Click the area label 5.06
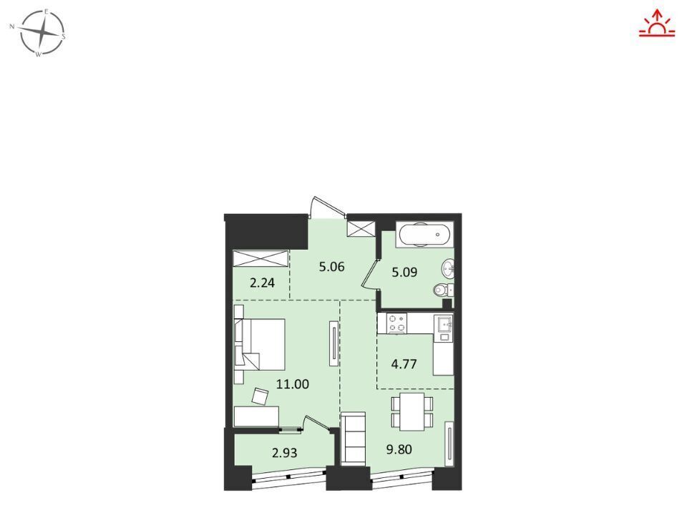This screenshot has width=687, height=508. (x=331, y=266)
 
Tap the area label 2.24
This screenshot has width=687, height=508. (x=262, y=283)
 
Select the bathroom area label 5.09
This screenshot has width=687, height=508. (x=404, y=272)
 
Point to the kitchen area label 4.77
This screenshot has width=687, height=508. (x=404, y=364)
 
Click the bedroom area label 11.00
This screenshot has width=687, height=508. (x=292, y=384)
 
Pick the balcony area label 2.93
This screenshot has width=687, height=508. (x=284, y=452)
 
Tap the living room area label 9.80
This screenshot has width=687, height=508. (x=399, y=449)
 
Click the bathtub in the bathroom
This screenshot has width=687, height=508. (x=423, y=234)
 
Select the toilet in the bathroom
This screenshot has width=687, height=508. (x=443, y=290)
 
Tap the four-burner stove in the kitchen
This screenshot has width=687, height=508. (x=396, y=323)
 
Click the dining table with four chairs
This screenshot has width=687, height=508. (x=412, y=411)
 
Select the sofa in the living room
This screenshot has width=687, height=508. (x=353, y=437)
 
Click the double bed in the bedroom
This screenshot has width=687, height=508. (x=260, y=344)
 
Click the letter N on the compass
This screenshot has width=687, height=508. (x=12, y=26)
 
